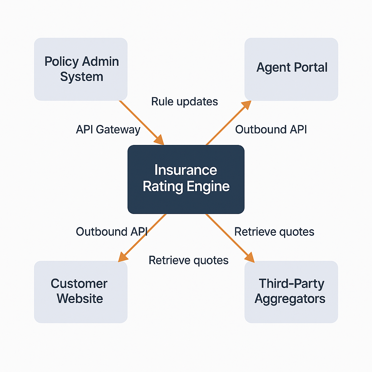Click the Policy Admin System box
[x=81, y=69]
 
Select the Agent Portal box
[x=291, y=69]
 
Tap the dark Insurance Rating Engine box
[x=186, y=179]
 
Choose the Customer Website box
[x=81, y=292]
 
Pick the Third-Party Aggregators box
[x=291, y=292]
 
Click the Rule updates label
[x=185, y=101]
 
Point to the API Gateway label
[x=108, y=130]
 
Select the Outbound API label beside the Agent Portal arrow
[x=271, y=129]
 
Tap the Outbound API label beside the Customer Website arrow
[x=112, y=232]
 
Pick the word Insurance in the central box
[x=186, y=170]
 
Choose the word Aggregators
[x=290, y=299]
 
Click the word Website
[x=80, y=299]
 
